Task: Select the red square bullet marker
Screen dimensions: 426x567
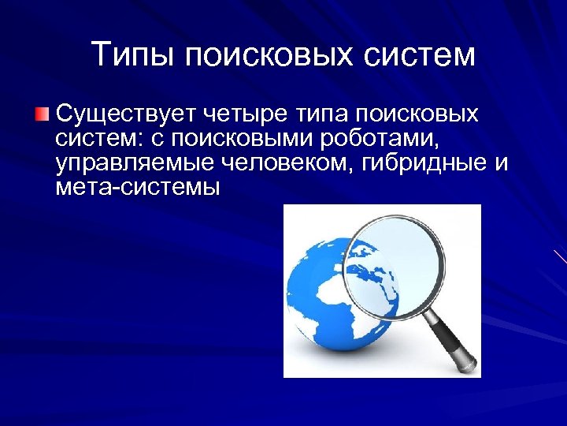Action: point(42,115)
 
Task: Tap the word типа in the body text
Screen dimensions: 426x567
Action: point(323,114)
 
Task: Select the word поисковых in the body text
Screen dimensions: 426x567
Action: point(417,114)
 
